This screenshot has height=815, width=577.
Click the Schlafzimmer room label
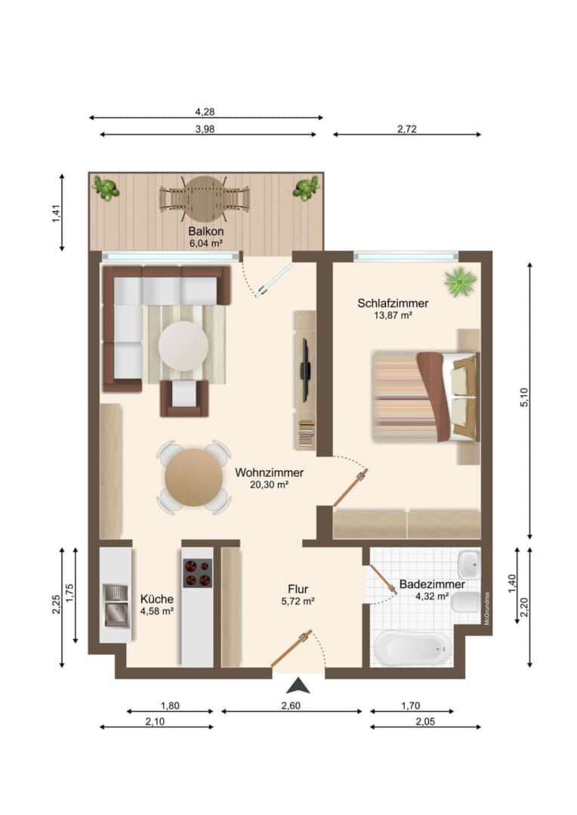pos(393,303)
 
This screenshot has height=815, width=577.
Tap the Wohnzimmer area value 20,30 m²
pos(269,484)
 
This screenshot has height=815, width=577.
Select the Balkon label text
pos(206,232)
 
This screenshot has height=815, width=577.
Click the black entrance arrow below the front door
pos(298,686)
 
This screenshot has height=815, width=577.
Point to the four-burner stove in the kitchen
pos(198,573)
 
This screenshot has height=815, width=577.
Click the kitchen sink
pos(116,605)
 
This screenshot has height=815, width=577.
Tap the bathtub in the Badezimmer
pos(412,647)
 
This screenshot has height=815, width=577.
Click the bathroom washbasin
pos(469,564)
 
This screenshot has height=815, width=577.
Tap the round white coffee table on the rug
pos(183,346)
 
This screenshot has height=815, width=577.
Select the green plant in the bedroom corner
pos(461,281)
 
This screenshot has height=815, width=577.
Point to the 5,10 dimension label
pos(524,398)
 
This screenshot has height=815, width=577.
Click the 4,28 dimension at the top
pos(205,112)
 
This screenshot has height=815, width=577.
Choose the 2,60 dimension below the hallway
pos(292,706)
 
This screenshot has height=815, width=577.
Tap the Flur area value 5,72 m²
pos(298,601)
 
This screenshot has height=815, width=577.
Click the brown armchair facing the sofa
pos(184,398)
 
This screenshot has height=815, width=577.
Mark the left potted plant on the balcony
pos(106,188)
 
